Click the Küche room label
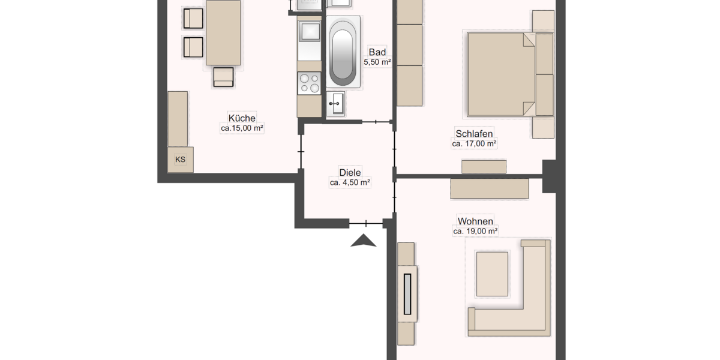[242, 118]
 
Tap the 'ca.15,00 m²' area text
[242, 128]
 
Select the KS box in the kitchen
[180, 160]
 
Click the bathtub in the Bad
[343, 53]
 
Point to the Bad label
[377, 52]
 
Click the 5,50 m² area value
[377, 62]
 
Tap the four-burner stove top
[310, 83]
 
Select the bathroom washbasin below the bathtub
[335, 103]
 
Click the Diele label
[350, 172]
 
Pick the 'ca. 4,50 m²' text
[350, 182]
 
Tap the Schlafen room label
[474, 133]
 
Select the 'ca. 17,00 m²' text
[474, 143]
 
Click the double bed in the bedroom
[501, 74]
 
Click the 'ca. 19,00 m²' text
[475, 230]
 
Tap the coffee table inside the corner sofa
[492, 274]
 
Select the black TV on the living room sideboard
[408, 294]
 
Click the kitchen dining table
[224, 32]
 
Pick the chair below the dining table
[223, 77]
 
